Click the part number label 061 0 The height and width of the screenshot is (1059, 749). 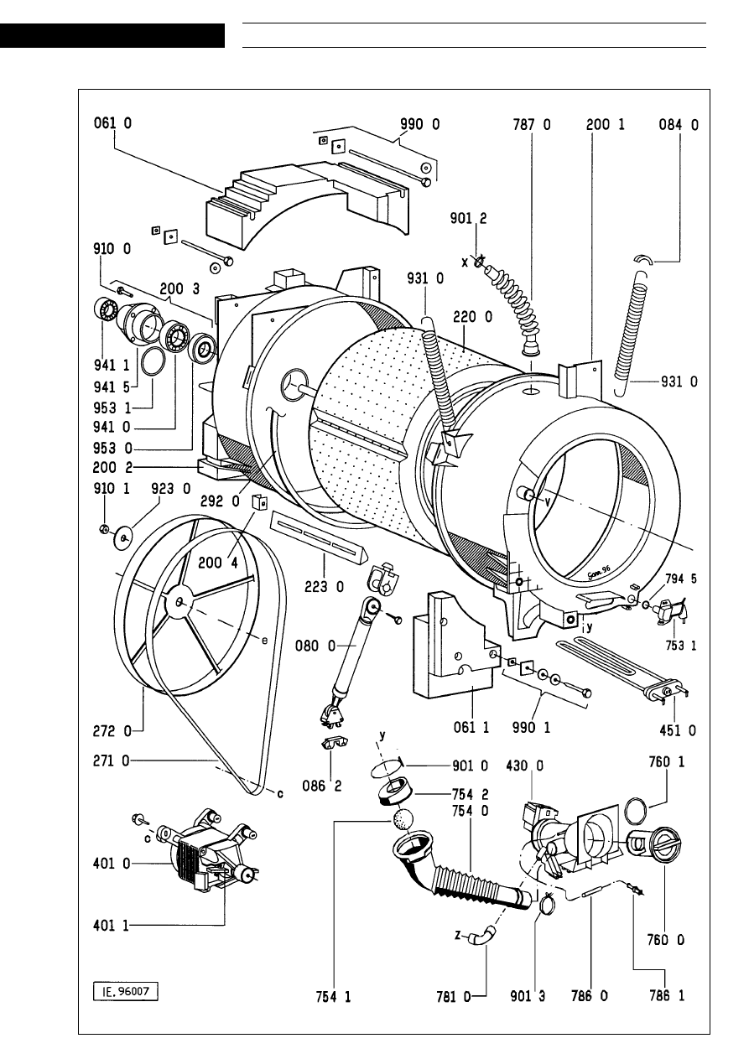112,124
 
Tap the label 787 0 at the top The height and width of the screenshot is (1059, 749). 532,124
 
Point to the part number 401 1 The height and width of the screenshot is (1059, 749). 112,925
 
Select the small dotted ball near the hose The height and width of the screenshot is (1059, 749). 403,819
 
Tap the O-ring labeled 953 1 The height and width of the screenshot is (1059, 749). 152,362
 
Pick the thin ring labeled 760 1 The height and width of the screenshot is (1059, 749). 637,812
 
